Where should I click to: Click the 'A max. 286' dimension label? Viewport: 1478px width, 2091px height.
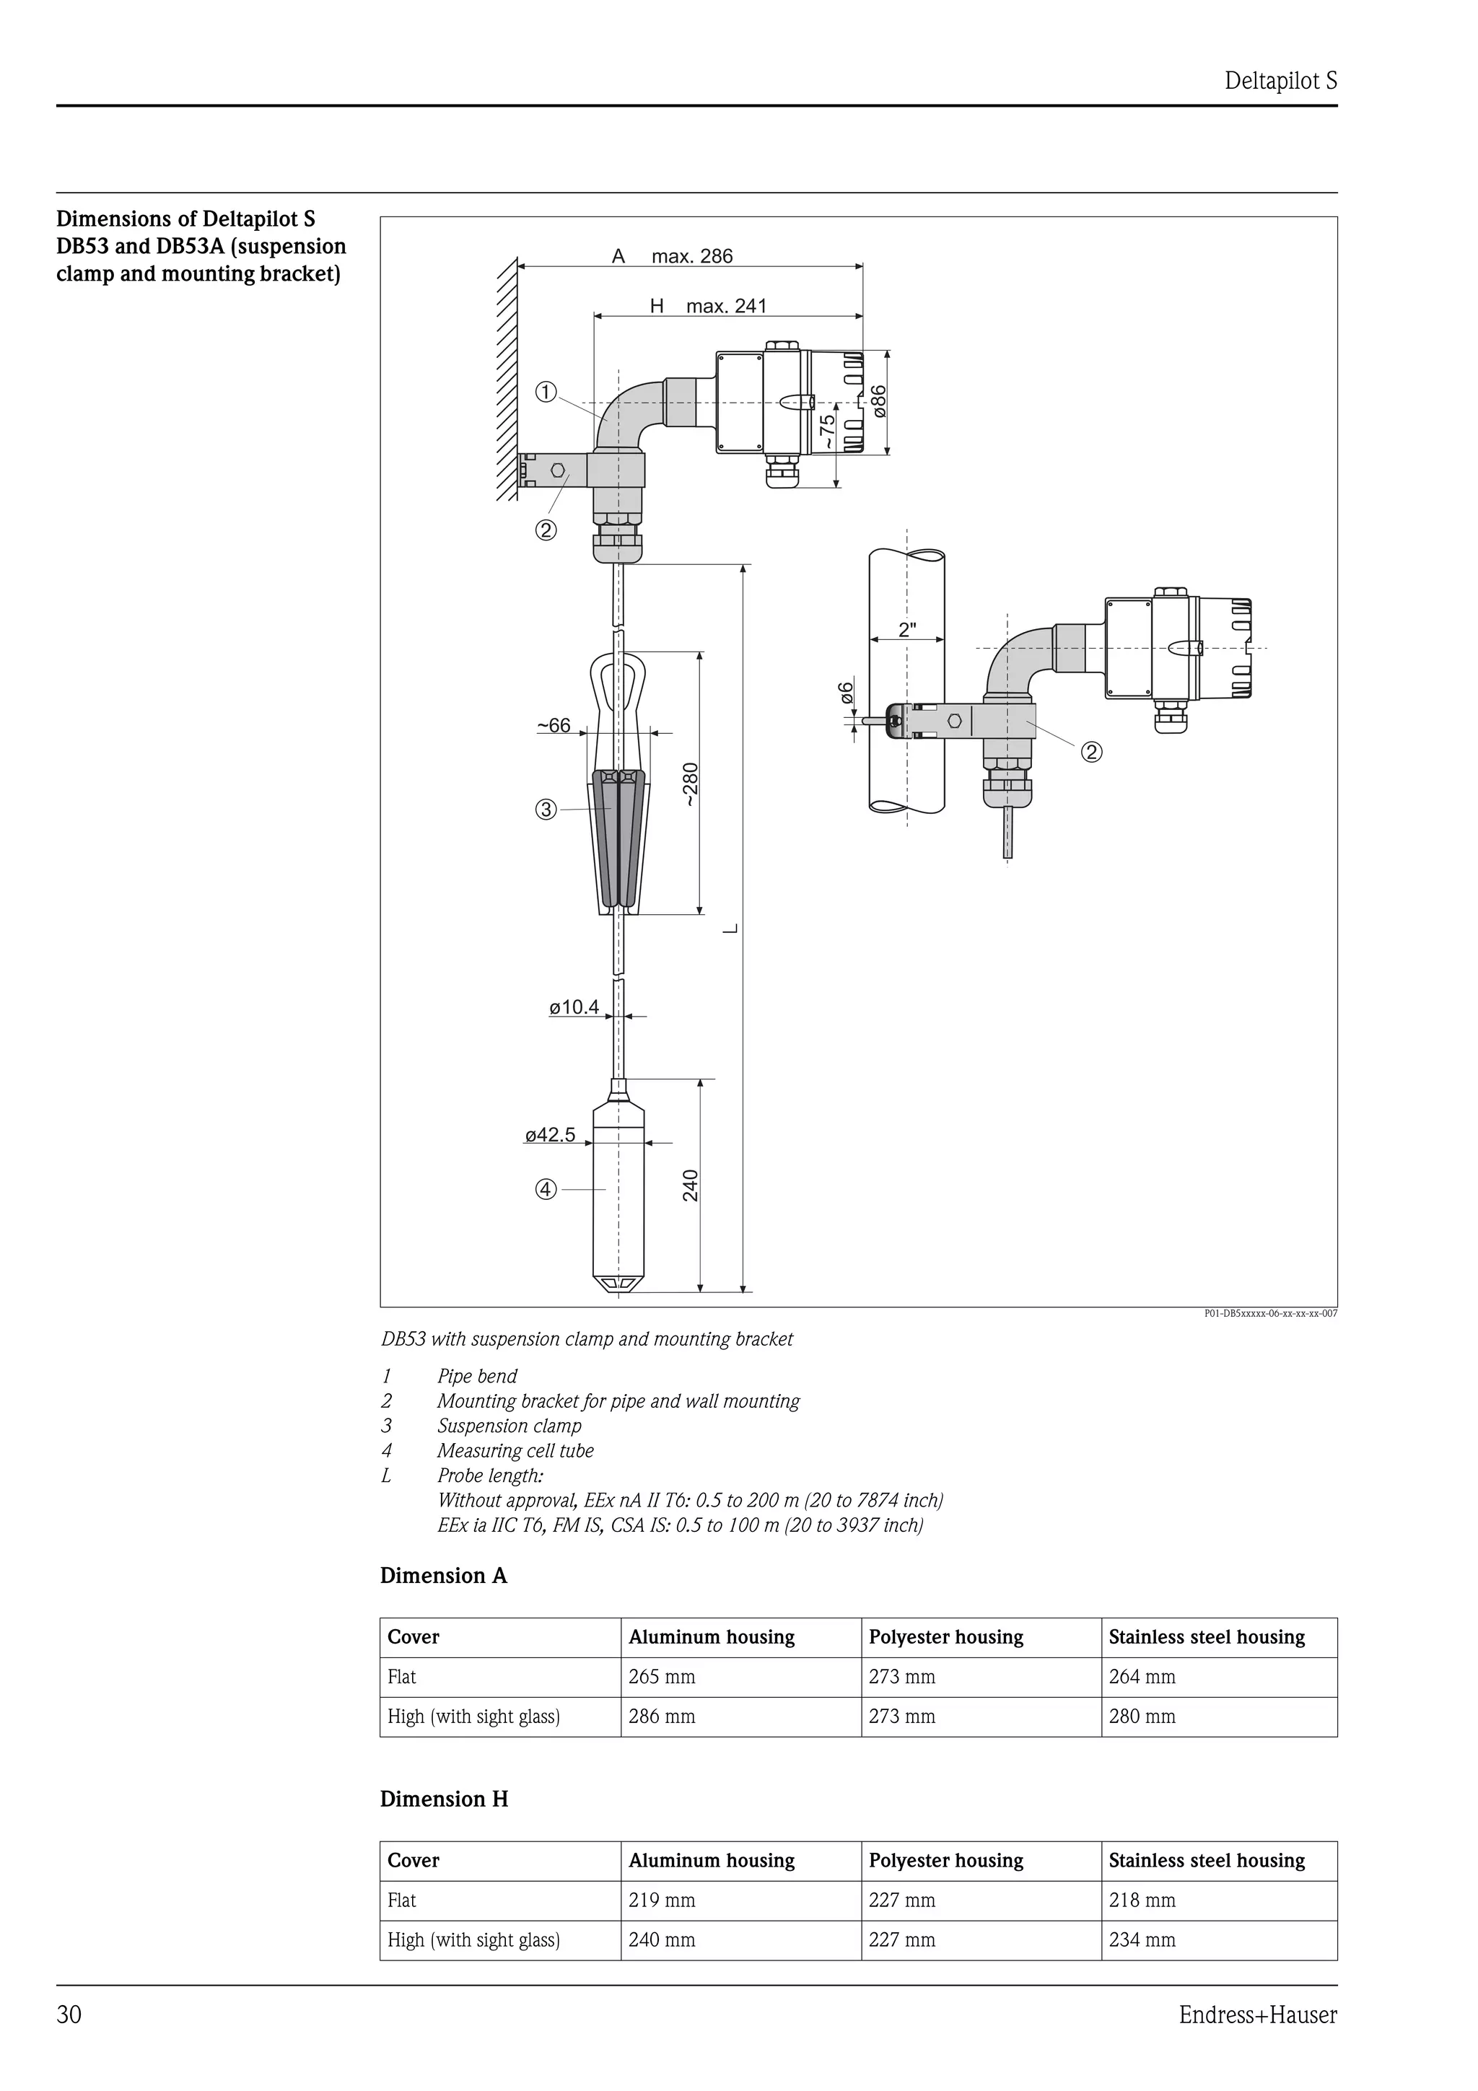point(672,256)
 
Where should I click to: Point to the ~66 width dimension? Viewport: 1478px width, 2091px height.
point(554,725)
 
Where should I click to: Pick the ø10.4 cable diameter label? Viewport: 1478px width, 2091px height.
point(574,1007)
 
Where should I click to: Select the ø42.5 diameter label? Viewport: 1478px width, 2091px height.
point(550,1135)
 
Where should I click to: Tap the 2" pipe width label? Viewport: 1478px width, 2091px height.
point(907,629)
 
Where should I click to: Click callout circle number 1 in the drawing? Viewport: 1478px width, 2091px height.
point(546,393)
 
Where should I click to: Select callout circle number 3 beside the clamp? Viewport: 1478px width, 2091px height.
point(546,810)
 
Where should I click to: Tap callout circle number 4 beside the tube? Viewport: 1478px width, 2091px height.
point(546,1189)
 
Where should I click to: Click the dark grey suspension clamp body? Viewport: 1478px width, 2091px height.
point(618,838)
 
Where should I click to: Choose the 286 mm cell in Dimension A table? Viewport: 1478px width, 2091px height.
point(662,1717)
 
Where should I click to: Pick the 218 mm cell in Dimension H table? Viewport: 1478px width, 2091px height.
point(1142,1901)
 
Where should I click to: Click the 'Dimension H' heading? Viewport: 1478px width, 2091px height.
point(445,1799)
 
